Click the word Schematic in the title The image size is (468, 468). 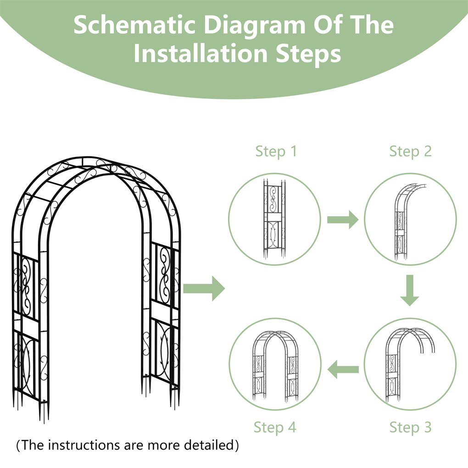(x=134, y=25)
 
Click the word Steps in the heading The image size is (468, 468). (x=308, y=54)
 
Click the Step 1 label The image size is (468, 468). (x=276, y=151)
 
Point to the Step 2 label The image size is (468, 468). (x=410, y=151)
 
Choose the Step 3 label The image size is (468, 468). (x=410, y=427)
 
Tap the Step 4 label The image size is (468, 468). (x=275, y=427)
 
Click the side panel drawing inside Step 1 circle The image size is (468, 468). (x=274, y=219)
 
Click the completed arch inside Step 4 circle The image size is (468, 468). (x=275, y=365)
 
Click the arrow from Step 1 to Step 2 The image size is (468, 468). (x=342, y=220)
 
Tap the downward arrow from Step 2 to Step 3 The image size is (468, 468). (x=410, y=290)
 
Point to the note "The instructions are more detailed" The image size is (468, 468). (x=128, y=445)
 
